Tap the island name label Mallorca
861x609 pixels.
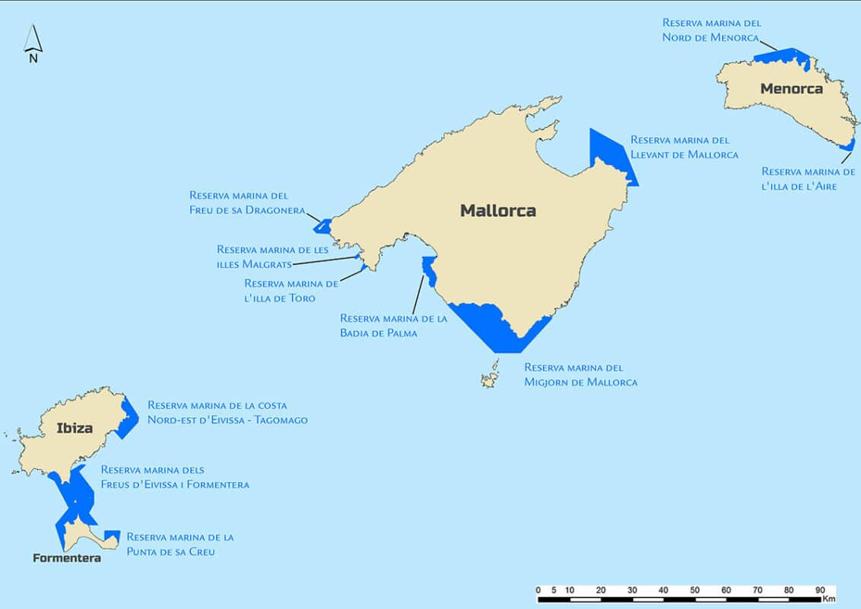(497, 211)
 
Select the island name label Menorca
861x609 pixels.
(791, 89)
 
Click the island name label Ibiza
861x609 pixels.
(75, 428)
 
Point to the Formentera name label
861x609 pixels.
(67, 558)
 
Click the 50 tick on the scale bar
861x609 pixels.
(694, 589)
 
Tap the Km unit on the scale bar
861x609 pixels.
(828, 599)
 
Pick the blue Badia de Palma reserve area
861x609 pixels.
(429, 269)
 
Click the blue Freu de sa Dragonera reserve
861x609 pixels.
(323, 226)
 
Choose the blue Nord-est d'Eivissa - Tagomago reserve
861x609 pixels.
(128, 417)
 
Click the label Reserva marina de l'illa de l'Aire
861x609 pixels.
(808, 179)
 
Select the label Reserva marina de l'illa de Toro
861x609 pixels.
(291, 290)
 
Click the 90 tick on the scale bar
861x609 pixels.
(820, 589)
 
